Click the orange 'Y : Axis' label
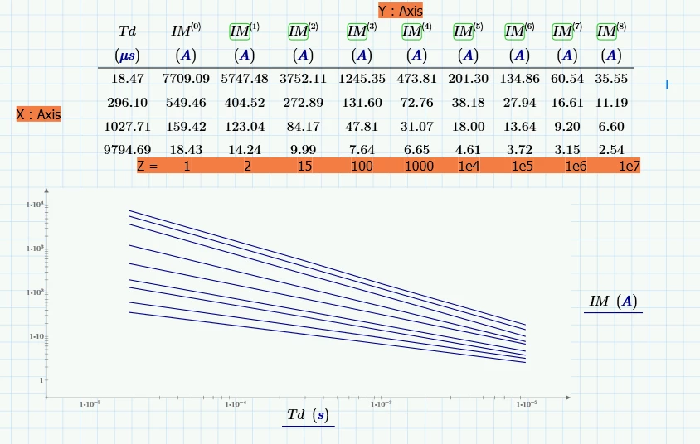pyautogui.click(x=401, y=11)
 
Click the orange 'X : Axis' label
pyautogui.click(x=38, y=115)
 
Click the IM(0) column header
pyautogui.click(x=185, y=31)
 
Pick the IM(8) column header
pyautogui.click(x=611, y=31)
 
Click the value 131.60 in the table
pyautogui.click(x=362, y=103)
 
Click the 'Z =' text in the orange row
pyautogui.click(x=148, y=166)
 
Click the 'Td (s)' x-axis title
pyautogui.click(x=308, y=414)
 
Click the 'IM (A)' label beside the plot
pyautogui.click(x=613, y=302)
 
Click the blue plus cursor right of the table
pyautogui.click(x=666, y=84)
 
